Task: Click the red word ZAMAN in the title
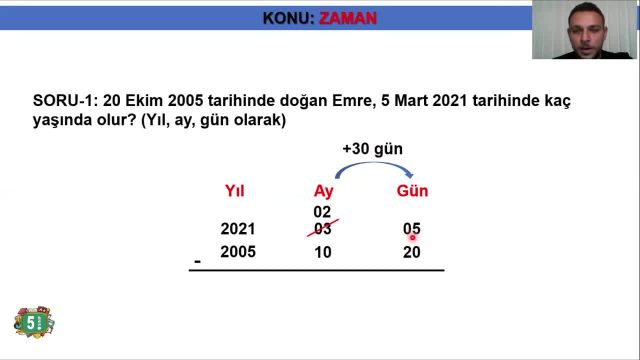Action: tap(348, 18)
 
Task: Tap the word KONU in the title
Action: tap(286, 18)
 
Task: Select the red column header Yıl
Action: tap(235, 191)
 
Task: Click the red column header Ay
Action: tap(323, 191)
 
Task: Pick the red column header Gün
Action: tap(412, 191)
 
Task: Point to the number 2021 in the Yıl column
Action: tap(238, 229)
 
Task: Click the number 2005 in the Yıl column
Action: tap(238, 252)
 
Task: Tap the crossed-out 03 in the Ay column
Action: tap(322, 229)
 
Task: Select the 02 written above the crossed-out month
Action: tap(322, 212)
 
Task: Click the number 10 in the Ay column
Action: tap(322, 252)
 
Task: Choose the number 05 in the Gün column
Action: tap(411, 229)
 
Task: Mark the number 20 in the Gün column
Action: tap(411, 252)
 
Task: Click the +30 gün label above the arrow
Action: tap(372, 149)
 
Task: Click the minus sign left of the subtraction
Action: tap(198, 262)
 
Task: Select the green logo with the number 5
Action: tap(33, 322)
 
